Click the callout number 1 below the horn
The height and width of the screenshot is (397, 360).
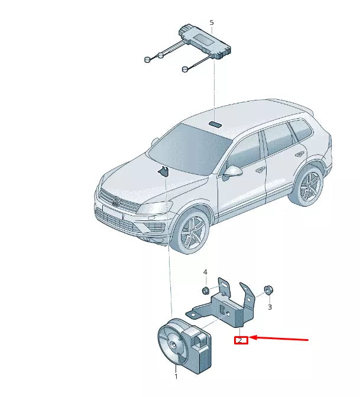(176, 376)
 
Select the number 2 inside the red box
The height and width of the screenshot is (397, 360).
(241, 340)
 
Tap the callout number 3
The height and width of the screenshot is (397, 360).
(270, 307)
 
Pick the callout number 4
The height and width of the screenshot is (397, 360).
(206, 272)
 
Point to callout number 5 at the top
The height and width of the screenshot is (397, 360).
(212, 22)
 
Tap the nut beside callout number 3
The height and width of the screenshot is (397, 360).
(267, 289)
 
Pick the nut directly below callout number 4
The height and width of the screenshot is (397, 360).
(205, 290)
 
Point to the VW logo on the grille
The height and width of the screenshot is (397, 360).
(116, 204)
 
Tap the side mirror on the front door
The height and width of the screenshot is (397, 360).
(233, 172)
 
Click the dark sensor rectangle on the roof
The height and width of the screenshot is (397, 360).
(215, 124)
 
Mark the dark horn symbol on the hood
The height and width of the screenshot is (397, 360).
(163, 172)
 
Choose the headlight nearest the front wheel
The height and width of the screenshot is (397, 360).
(155, 209)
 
